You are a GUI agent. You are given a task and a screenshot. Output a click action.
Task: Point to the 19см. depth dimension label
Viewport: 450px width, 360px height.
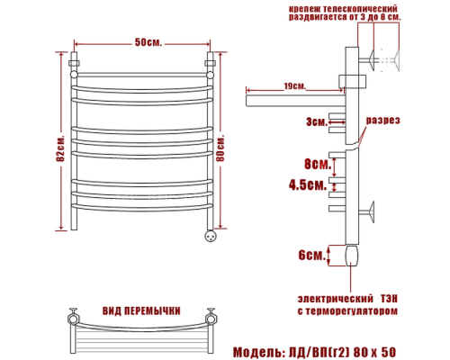point(294,86)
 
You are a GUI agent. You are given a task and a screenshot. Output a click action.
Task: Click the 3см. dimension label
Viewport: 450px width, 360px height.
point(316,121)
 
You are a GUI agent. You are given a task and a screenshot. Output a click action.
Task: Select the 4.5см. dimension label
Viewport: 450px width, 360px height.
point(306,184)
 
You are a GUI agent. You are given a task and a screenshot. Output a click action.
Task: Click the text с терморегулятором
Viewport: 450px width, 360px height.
point(346,311)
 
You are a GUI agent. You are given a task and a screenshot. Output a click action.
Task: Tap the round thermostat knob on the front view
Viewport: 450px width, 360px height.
point(211,237)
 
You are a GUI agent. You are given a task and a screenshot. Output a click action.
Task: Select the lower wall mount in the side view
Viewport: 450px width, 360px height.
point(369,214)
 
